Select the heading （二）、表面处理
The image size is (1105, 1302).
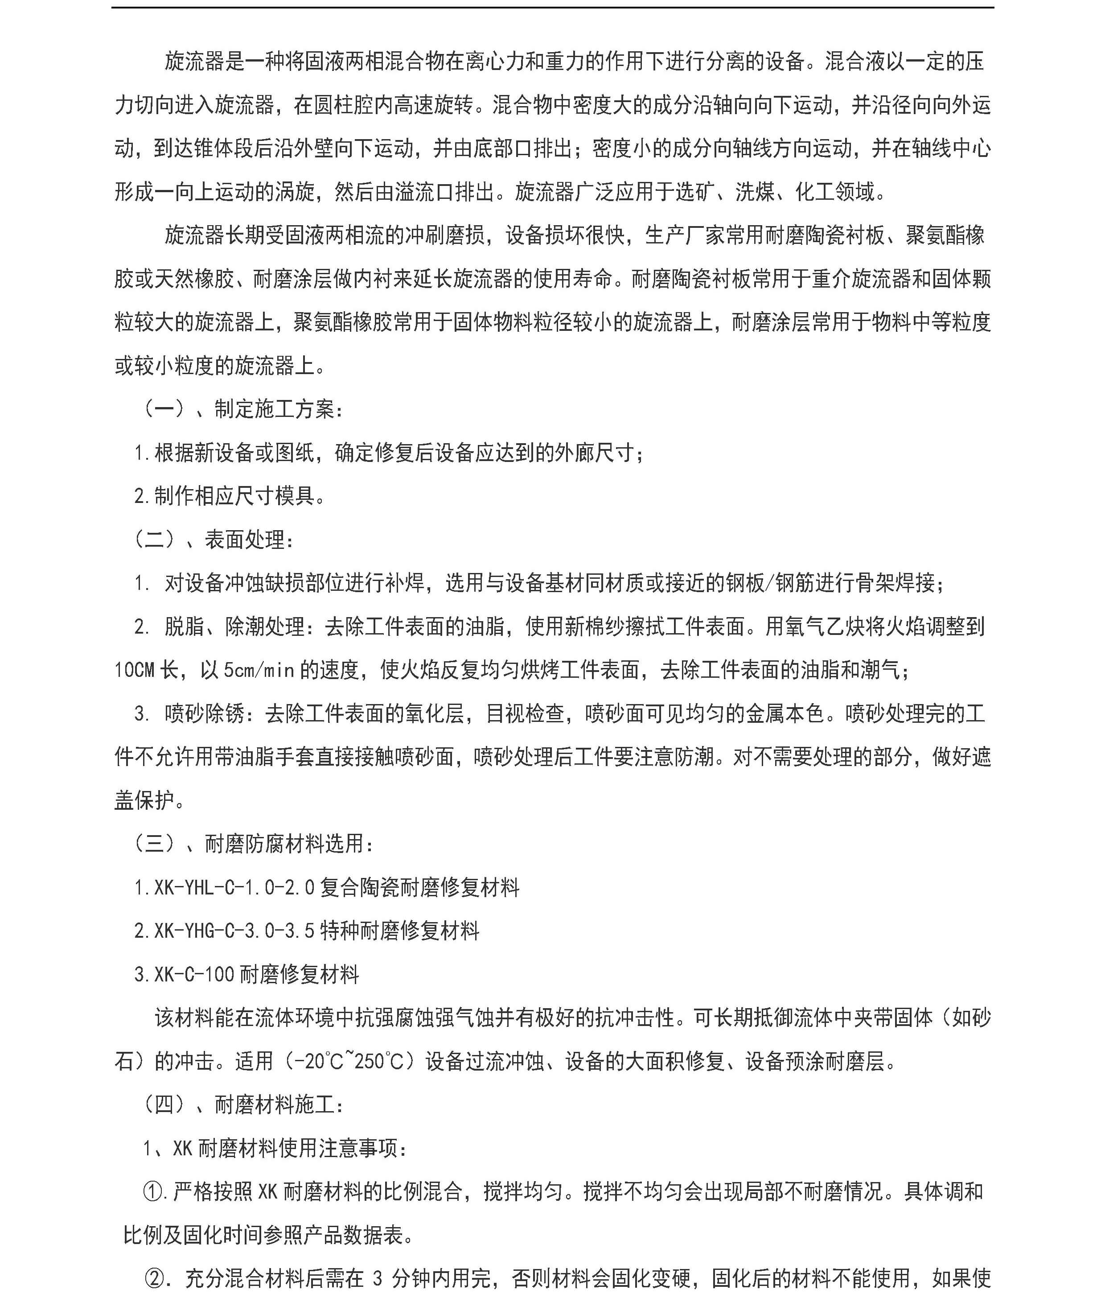214,540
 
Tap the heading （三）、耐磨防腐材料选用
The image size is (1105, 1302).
253,844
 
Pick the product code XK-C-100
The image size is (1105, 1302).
194,974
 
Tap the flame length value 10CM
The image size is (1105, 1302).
134,671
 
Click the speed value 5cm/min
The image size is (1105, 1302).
259,671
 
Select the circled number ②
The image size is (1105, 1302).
155,1278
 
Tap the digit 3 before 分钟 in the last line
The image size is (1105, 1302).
377,1278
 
